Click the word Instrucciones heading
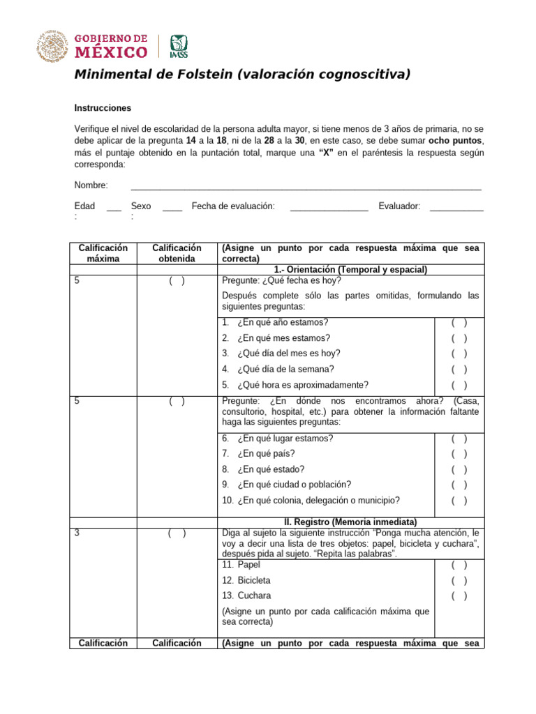103,108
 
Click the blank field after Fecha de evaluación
329,208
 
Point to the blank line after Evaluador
456,208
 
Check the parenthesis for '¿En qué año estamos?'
459,323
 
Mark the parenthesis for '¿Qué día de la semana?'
459,370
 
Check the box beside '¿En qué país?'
459,454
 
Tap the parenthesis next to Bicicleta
459,581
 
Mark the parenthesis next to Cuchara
459,596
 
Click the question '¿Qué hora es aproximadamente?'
302,385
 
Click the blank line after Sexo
172,208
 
